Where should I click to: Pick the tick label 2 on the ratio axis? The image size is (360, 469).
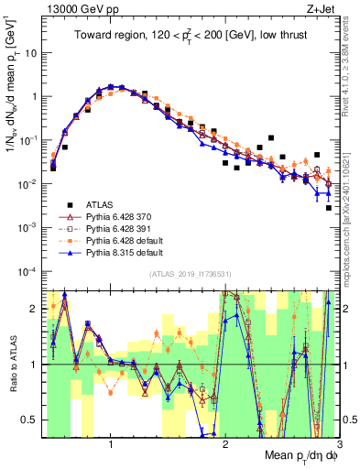(34, 309)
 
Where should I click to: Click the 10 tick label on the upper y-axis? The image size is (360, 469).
(29, 52)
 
